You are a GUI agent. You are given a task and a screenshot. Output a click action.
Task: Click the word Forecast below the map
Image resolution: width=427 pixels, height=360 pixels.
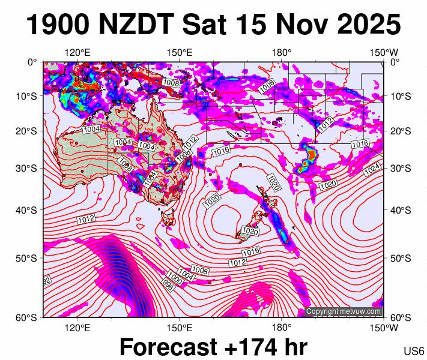click(x=168, y=346)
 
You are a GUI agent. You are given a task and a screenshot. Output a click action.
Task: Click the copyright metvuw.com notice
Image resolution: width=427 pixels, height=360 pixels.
click(x=344, y=311)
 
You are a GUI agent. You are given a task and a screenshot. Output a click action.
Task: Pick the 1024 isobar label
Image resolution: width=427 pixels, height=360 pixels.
click(x=372, y=168)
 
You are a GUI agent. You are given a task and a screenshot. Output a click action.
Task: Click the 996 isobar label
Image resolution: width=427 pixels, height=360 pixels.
click(x=169, y=286)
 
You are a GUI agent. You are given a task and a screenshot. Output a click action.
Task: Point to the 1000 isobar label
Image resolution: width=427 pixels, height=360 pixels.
click(x=175, y=280)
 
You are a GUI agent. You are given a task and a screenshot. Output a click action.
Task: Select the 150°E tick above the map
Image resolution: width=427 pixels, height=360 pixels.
click(x=179, y=53)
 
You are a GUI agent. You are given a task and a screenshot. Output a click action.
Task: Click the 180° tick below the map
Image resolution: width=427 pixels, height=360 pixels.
click(x=281, y=327)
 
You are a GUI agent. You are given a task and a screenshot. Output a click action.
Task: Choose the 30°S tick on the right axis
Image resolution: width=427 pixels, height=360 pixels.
click(x=400, y=168)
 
